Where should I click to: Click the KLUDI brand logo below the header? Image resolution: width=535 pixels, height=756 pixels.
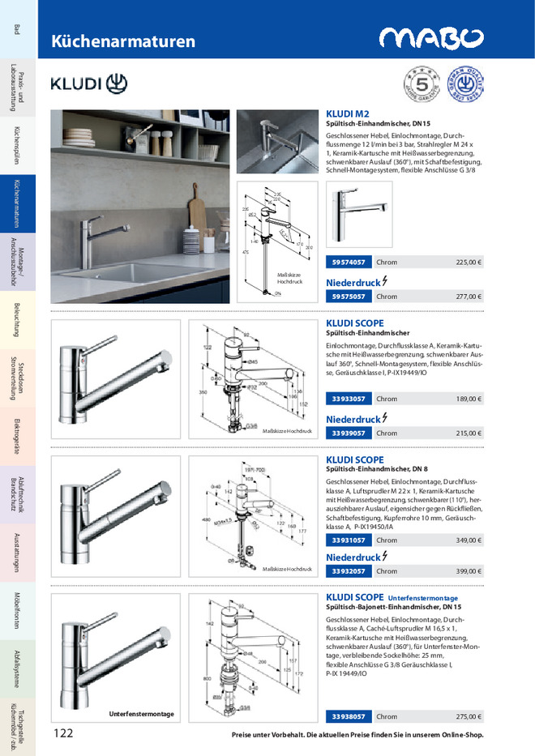pyautogui.click(x=89, y=83)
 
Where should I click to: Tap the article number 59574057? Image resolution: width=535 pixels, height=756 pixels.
pyautogui.click(x=349, y=263)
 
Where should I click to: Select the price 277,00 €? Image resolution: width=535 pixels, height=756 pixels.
pyautogui.click(x=468, y=297)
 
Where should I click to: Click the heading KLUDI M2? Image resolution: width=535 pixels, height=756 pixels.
pyautogui.click(x=348, y=114)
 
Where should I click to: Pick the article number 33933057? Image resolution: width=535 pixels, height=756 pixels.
pyautogui.click(x=349, y=399)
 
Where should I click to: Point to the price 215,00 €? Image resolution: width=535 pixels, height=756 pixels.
pyautogui.click(x=468, y=434)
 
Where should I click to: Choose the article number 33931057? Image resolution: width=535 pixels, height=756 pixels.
pyautogui.click(x=349, y=540)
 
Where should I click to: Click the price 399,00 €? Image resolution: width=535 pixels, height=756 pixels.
pyautogui.click(x=468, y=572)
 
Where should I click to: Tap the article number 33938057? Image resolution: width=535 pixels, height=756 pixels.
pyautogui.click(x=349, y=716)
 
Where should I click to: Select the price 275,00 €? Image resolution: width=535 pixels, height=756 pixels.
pyautogui.click(x=468, y=716)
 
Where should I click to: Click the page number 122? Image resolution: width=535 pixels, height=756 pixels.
pyautogui.click(x=64, y=734)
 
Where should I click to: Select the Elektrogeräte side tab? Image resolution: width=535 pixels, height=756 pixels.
pyautogui.click(x=17, y=438)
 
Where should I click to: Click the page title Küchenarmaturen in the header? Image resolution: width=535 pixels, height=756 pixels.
pyautogui.click(x=123, y=41)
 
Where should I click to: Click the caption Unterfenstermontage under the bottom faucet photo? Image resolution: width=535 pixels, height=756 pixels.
pyautogui.click(x=142, y=714)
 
